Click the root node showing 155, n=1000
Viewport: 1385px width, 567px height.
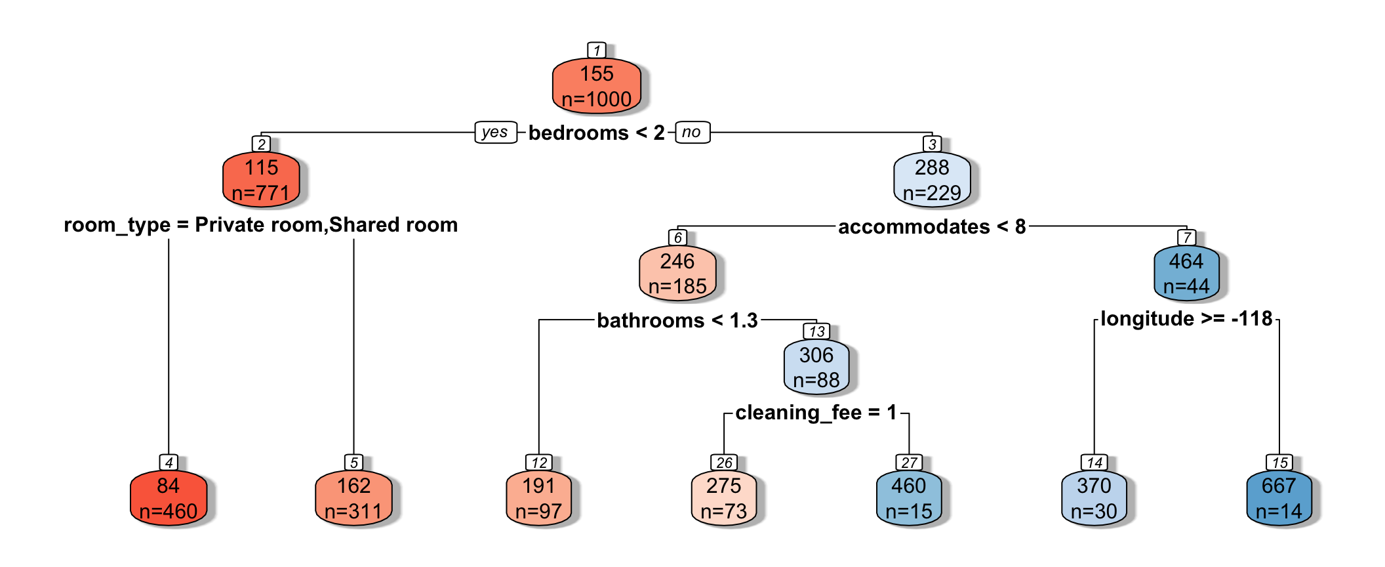596,86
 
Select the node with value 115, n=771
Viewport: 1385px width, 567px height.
261,180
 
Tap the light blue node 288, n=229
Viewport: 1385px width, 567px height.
931,180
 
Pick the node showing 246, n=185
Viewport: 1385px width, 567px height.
677,274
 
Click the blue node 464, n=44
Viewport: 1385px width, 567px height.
1186,274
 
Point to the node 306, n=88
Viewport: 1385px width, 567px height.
816,367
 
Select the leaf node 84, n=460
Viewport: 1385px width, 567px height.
169,499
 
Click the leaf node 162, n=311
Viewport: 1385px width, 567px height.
353,499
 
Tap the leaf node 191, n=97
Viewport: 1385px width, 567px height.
538,499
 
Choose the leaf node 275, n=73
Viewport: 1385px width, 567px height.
723,499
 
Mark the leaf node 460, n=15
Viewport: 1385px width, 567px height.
908,499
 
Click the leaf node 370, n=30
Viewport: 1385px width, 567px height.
1094,499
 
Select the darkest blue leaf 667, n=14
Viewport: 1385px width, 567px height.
1279,499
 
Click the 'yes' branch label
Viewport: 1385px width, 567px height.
495,132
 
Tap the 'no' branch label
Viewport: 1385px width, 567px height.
692,132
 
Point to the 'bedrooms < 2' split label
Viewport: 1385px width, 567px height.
596,133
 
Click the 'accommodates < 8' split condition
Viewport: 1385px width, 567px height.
932,227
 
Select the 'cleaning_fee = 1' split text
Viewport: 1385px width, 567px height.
816,413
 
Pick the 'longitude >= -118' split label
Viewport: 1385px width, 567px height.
1186,319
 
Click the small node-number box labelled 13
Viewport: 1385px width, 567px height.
816,331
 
